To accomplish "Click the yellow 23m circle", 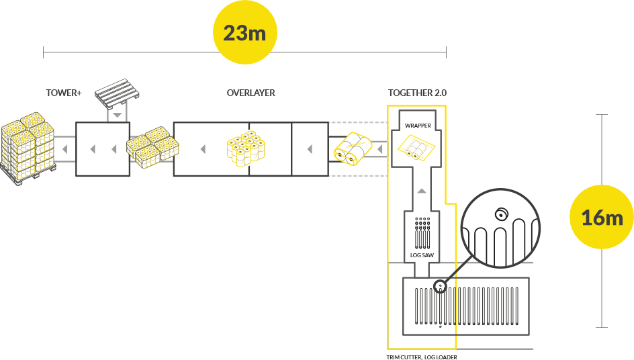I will click(x=245, y=32).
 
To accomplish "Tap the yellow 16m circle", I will click(x=602, y=217).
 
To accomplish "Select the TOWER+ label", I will click(x=64, y=93).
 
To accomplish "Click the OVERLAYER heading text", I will click(x=251, y=93).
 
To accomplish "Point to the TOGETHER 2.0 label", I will click(x=416, y=93).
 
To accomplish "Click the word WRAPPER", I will click(x=418, y=126).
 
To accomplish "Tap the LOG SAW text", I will click(x=421, y=255).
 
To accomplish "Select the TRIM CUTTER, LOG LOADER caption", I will click(x=422, y=357).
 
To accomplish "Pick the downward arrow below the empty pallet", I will click(x=118, y=116).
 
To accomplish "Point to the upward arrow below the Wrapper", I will click(x=421, y=191).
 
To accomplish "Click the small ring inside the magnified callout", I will click(x=500, y=215).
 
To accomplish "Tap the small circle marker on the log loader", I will click(x=439, y=285).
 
